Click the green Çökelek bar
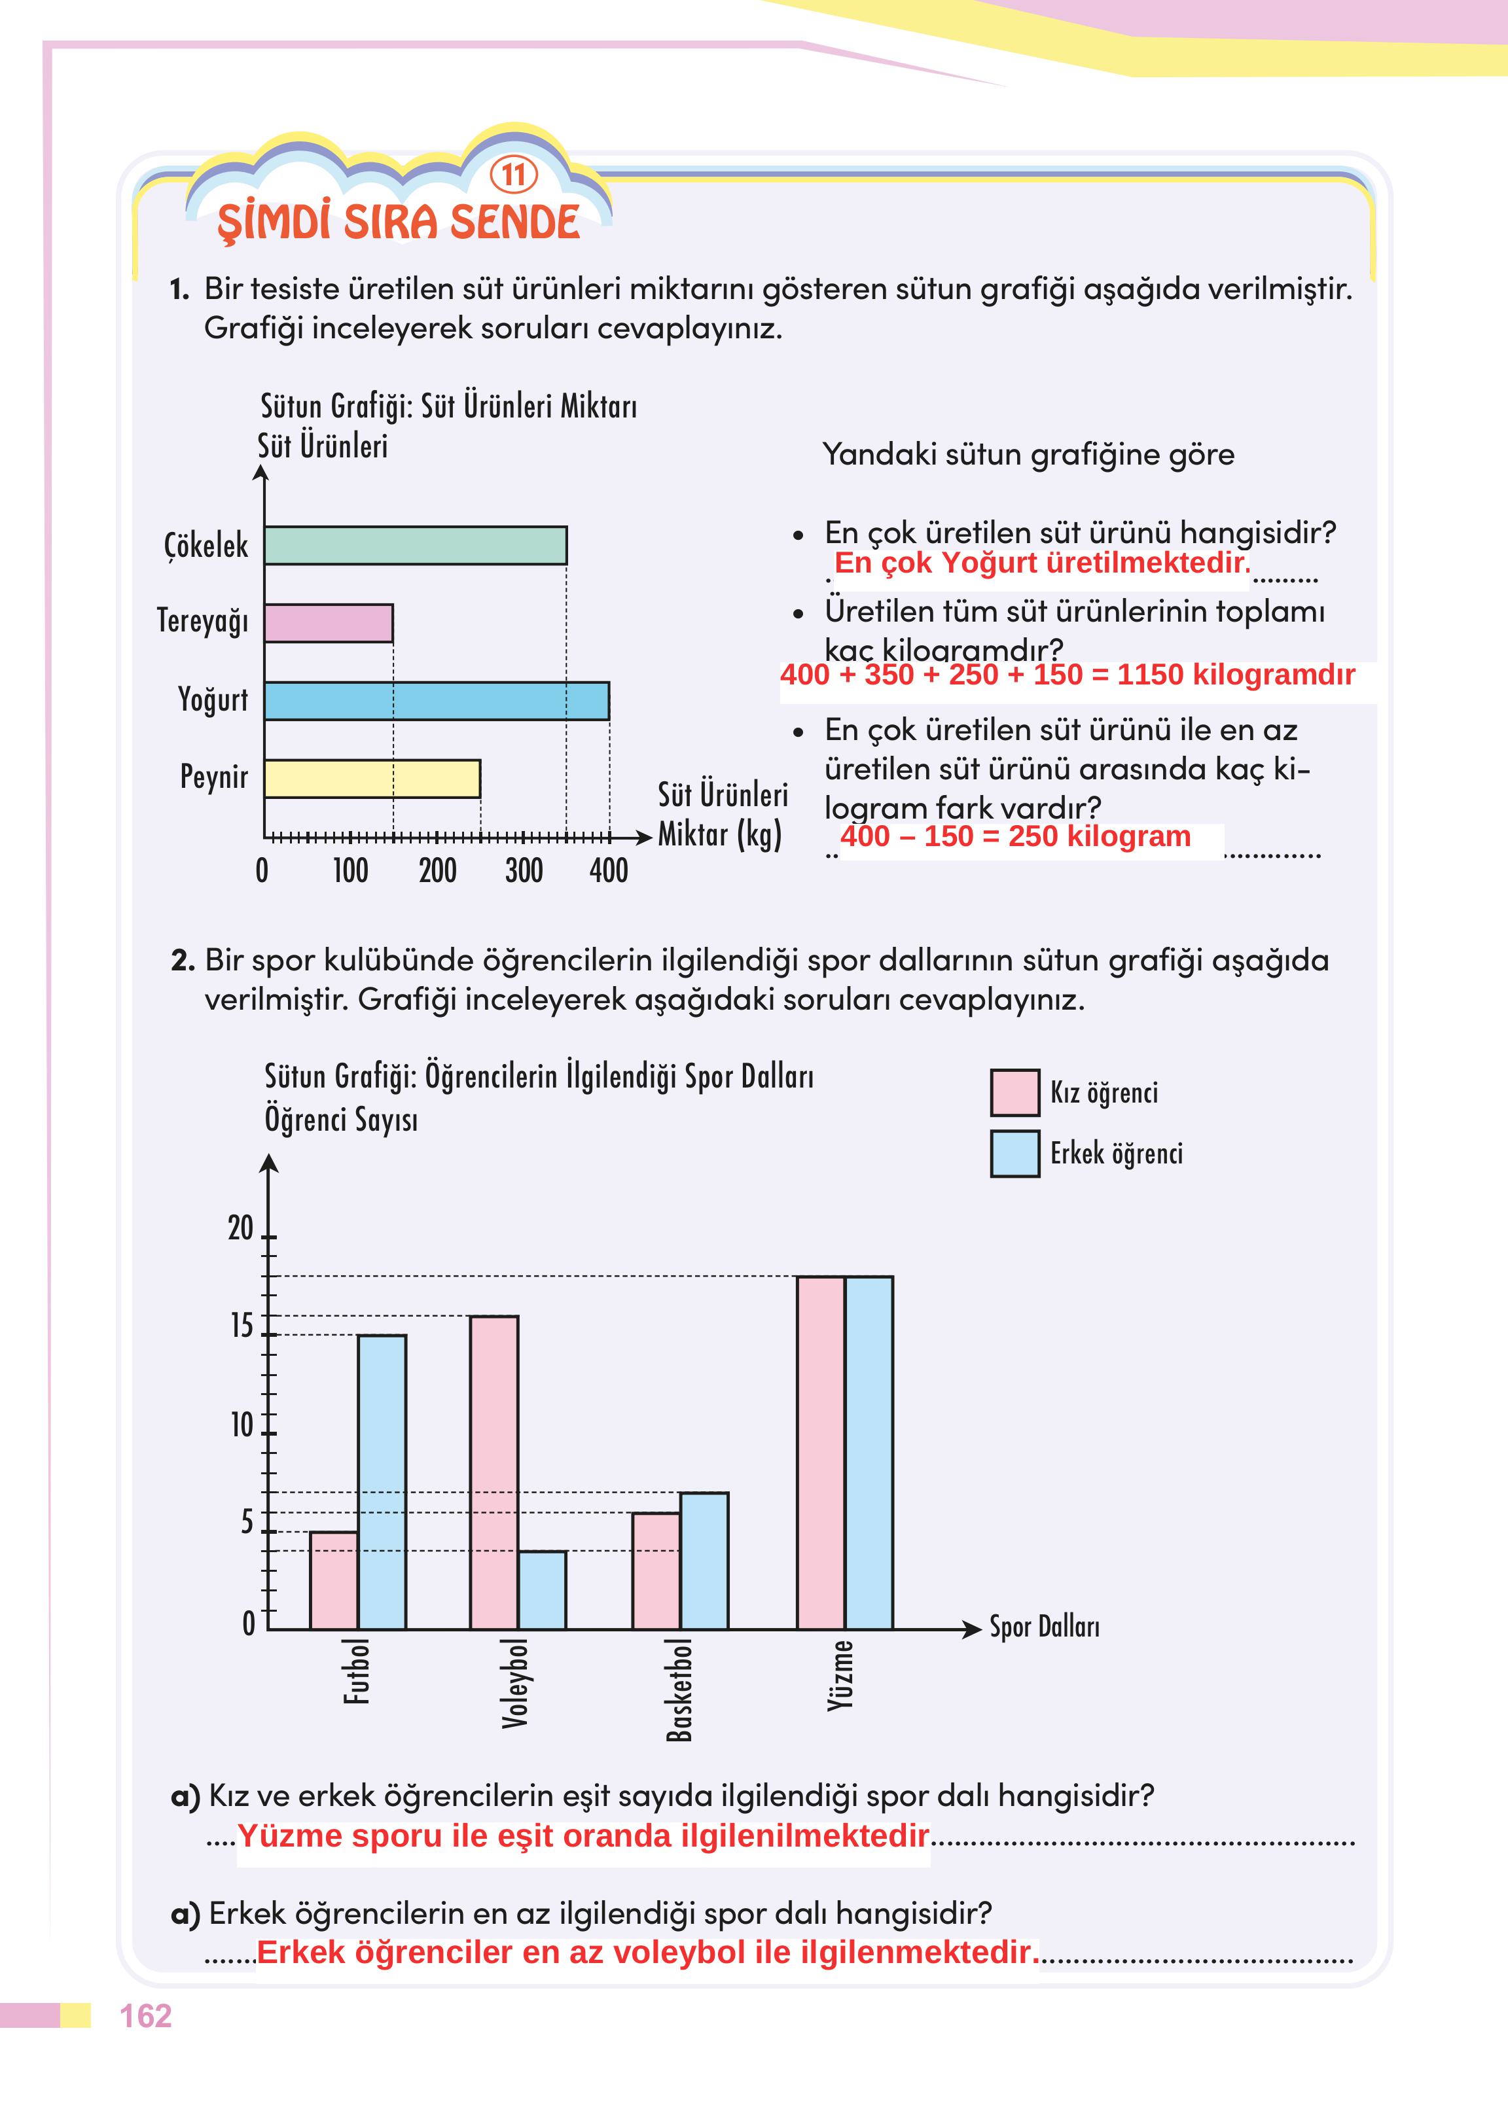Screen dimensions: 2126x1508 click(415, 545)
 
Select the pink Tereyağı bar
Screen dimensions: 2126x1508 click(329, 623)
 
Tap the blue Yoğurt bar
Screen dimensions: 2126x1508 click(437, 701)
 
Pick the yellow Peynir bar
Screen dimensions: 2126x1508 click(372, 778)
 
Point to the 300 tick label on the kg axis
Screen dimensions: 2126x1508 click(524, 871)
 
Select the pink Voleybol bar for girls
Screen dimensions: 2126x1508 click(494, 1472)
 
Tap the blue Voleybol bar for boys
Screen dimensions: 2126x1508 click(543, 1589)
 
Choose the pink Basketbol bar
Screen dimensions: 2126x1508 click(656, 1571)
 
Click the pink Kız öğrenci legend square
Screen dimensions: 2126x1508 click(1015, 1093)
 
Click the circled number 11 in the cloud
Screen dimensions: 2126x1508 click(514, 175)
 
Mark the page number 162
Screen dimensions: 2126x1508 click(146, 2015)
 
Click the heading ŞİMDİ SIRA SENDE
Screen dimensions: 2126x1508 click(399, 224)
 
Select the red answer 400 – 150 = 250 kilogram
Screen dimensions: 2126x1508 click(1015, 836)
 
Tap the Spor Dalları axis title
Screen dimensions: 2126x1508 click(1044, 1627)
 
